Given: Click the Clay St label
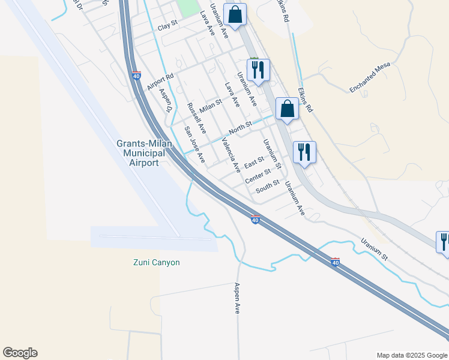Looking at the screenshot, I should pos(168,27).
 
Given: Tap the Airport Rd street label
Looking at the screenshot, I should pos(160,82).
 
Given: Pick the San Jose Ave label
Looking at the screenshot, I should pos(194,145).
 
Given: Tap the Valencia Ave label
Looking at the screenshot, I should pos(231,154).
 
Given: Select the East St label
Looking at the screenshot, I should pos(254,162).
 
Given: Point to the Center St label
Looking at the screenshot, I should pos(258,176).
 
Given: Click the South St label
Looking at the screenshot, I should pos(268,187).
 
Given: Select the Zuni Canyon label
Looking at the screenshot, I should pos(156,262).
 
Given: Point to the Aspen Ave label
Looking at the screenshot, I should pos(238,298).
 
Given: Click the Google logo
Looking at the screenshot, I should pos(20,353).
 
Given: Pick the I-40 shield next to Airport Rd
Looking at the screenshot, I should pos(137,76).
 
